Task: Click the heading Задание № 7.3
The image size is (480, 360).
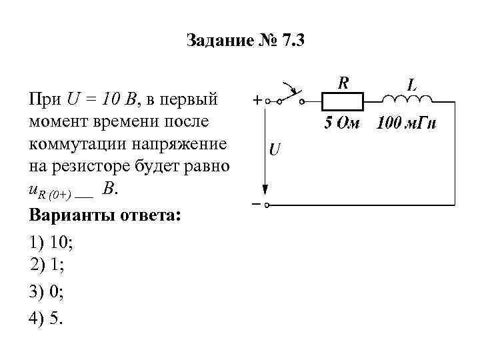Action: click(245, 41)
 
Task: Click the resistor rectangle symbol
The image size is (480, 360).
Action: click(343, 102)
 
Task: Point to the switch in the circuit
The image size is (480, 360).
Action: click(289, 95)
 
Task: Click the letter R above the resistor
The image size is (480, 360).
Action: click(343, 83)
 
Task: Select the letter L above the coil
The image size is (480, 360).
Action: click(413, 85)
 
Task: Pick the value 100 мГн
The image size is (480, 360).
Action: click(407, 123)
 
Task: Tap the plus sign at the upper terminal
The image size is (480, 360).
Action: click(256, 101)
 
